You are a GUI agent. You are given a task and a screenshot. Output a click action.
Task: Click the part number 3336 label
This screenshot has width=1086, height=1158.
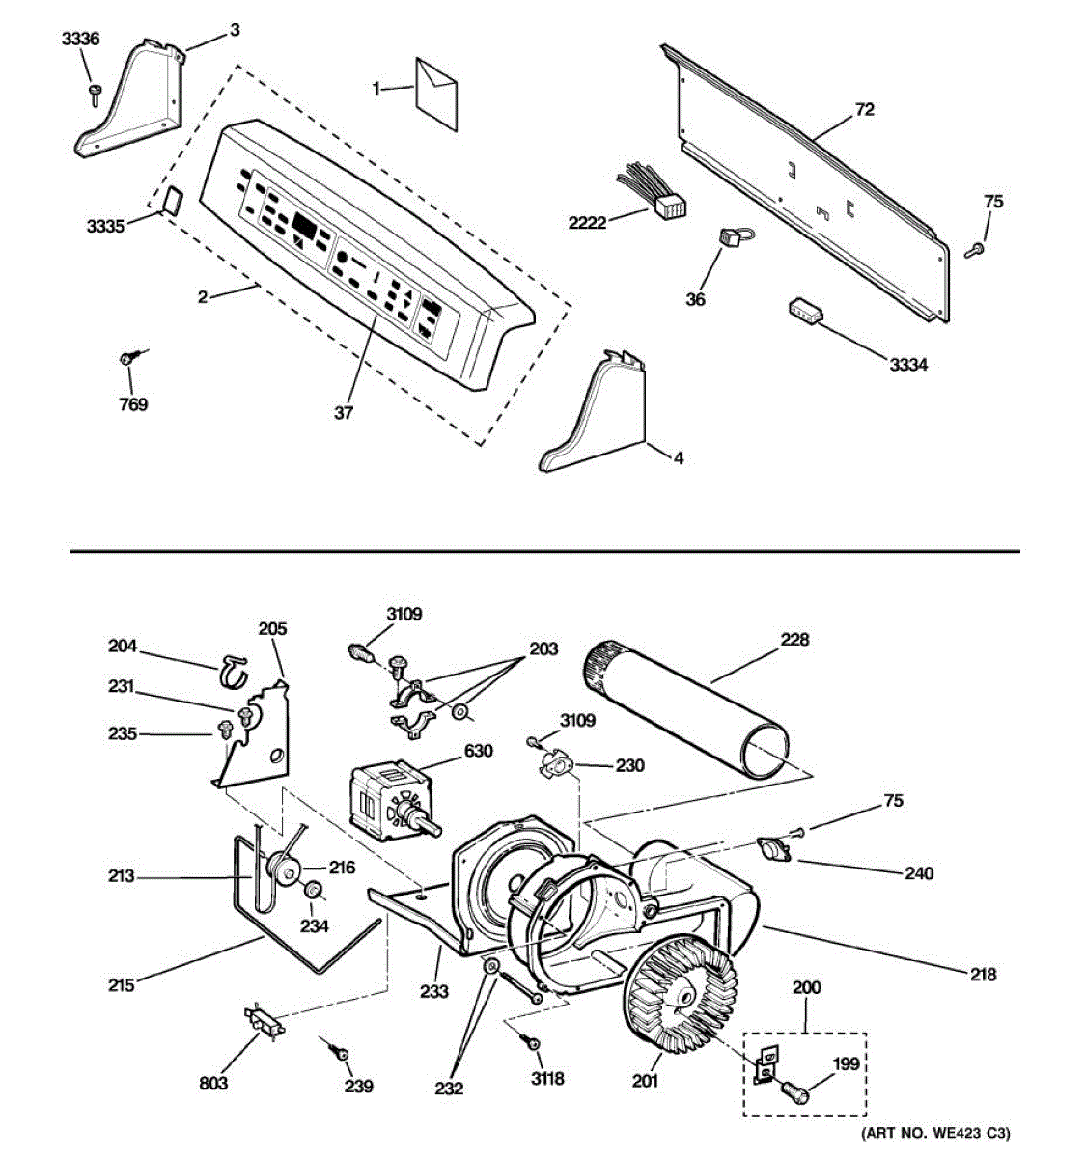[79, 39]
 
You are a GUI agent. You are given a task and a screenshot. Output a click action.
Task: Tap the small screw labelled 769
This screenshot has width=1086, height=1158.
[127, 359]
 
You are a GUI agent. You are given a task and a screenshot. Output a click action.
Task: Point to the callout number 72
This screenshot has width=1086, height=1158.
[864, 110]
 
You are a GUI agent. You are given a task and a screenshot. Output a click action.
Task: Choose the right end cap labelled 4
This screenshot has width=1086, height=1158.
[598, 415]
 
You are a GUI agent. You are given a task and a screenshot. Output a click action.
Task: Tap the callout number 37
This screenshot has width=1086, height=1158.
[344, 413]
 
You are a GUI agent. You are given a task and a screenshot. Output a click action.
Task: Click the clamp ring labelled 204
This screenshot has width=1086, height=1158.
[234, 671]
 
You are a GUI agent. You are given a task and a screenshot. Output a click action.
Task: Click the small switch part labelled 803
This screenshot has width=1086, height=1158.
[265, 1022]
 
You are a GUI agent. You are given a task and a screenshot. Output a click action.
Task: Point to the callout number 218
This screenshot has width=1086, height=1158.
[983, 975]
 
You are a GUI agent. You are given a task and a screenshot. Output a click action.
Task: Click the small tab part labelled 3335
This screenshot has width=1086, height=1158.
[173, 200]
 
